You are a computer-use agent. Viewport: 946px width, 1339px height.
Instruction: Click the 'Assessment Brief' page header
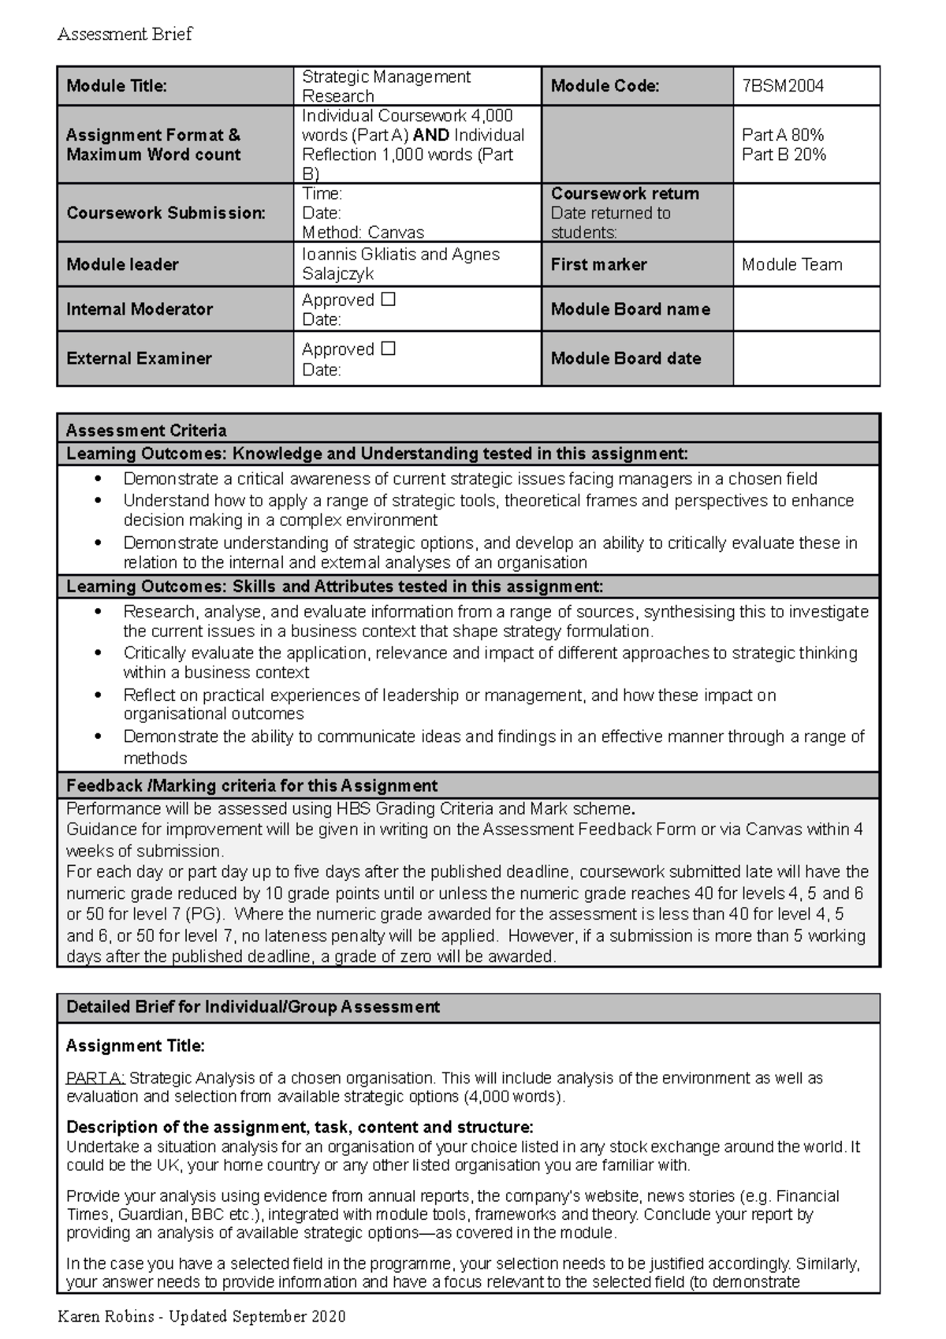[125, 35]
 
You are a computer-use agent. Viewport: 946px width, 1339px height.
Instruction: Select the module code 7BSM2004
[782, 86]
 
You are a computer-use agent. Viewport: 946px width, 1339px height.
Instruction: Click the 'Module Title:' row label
[117, 86]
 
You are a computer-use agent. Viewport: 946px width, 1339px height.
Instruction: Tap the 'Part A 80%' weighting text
[783, 135]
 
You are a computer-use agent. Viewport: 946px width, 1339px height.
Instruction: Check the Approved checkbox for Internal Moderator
[388, 300]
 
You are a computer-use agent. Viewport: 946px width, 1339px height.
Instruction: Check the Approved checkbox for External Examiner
[388, 349]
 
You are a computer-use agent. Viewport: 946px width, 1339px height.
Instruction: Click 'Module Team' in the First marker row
[791, 265]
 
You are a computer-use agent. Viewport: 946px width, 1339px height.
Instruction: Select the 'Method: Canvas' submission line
[363, 233]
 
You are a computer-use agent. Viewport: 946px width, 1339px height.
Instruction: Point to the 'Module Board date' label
[625, 358]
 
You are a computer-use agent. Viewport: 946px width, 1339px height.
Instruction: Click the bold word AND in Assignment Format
[430, 135]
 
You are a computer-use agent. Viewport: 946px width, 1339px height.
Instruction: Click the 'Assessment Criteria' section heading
[146, 431]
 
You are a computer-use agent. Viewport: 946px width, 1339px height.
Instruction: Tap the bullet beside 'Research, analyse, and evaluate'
[98, 612]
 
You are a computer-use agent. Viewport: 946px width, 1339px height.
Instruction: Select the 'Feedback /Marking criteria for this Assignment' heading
[251, 785]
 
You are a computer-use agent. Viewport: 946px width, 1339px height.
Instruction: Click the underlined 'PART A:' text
[95, 1078]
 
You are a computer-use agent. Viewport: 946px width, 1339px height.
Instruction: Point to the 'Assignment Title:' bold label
[135, 1046]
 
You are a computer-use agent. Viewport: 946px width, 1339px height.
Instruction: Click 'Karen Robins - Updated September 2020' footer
[202, 1316]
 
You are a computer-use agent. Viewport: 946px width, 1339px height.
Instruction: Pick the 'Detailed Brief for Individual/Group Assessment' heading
[253, 1007]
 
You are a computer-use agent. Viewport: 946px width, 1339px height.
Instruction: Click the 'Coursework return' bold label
[624, 194]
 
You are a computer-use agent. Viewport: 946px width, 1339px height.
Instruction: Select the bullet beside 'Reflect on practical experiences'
[98, 696]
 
